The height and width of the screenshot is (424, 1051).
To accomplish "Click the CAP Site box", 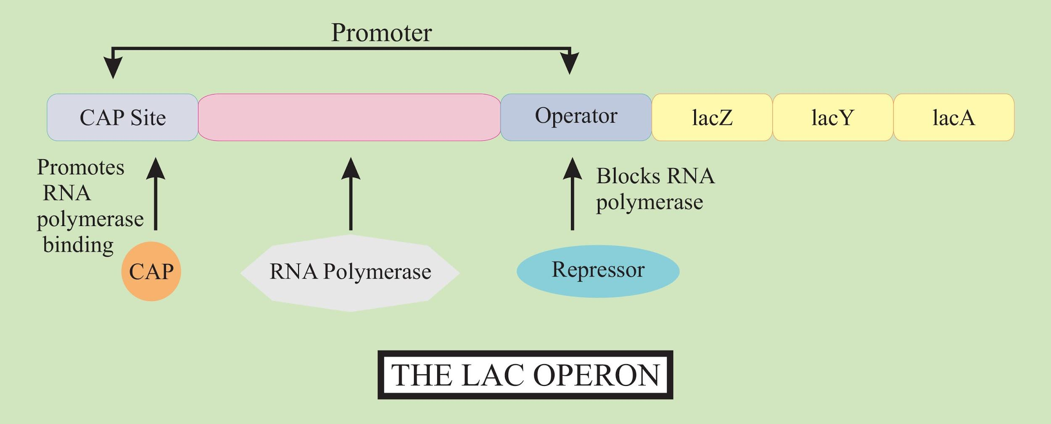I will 122,117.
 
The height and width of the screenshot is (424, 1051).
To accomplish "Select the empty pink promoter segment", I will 349,117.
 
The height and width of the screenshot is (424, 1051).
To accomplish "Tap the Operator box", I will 576,117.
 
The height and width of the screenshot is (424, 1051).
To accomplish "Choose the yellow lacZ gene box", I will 712,117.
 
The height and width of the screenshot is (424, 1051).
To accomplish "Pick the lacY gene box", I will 833,117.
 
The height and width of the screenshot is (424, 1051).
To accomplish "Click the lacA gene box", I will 954,117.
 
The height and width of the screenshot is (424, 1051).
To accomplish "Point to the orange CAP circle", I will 151,271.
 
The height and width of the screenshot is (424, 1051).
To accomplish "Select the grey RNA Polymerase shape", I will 350,272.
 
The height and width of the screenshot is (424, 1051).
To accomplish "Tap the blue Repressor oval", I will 598,271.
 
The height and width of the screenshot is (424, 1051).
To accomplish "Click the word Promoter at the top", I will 381,32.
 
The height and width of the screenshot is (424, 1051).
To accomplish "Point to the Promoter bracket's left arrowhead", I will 113,67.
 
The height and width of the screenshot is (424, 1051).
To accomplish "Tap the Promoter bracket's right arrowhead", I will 570,64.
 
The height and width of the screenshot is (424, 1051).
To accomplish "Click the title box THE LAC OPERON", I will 525,374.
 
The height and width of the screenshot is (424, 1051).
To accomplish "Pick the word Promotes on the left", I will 81,168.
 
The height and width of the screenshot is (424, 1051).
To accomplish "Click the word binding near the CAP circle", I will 78,245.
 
